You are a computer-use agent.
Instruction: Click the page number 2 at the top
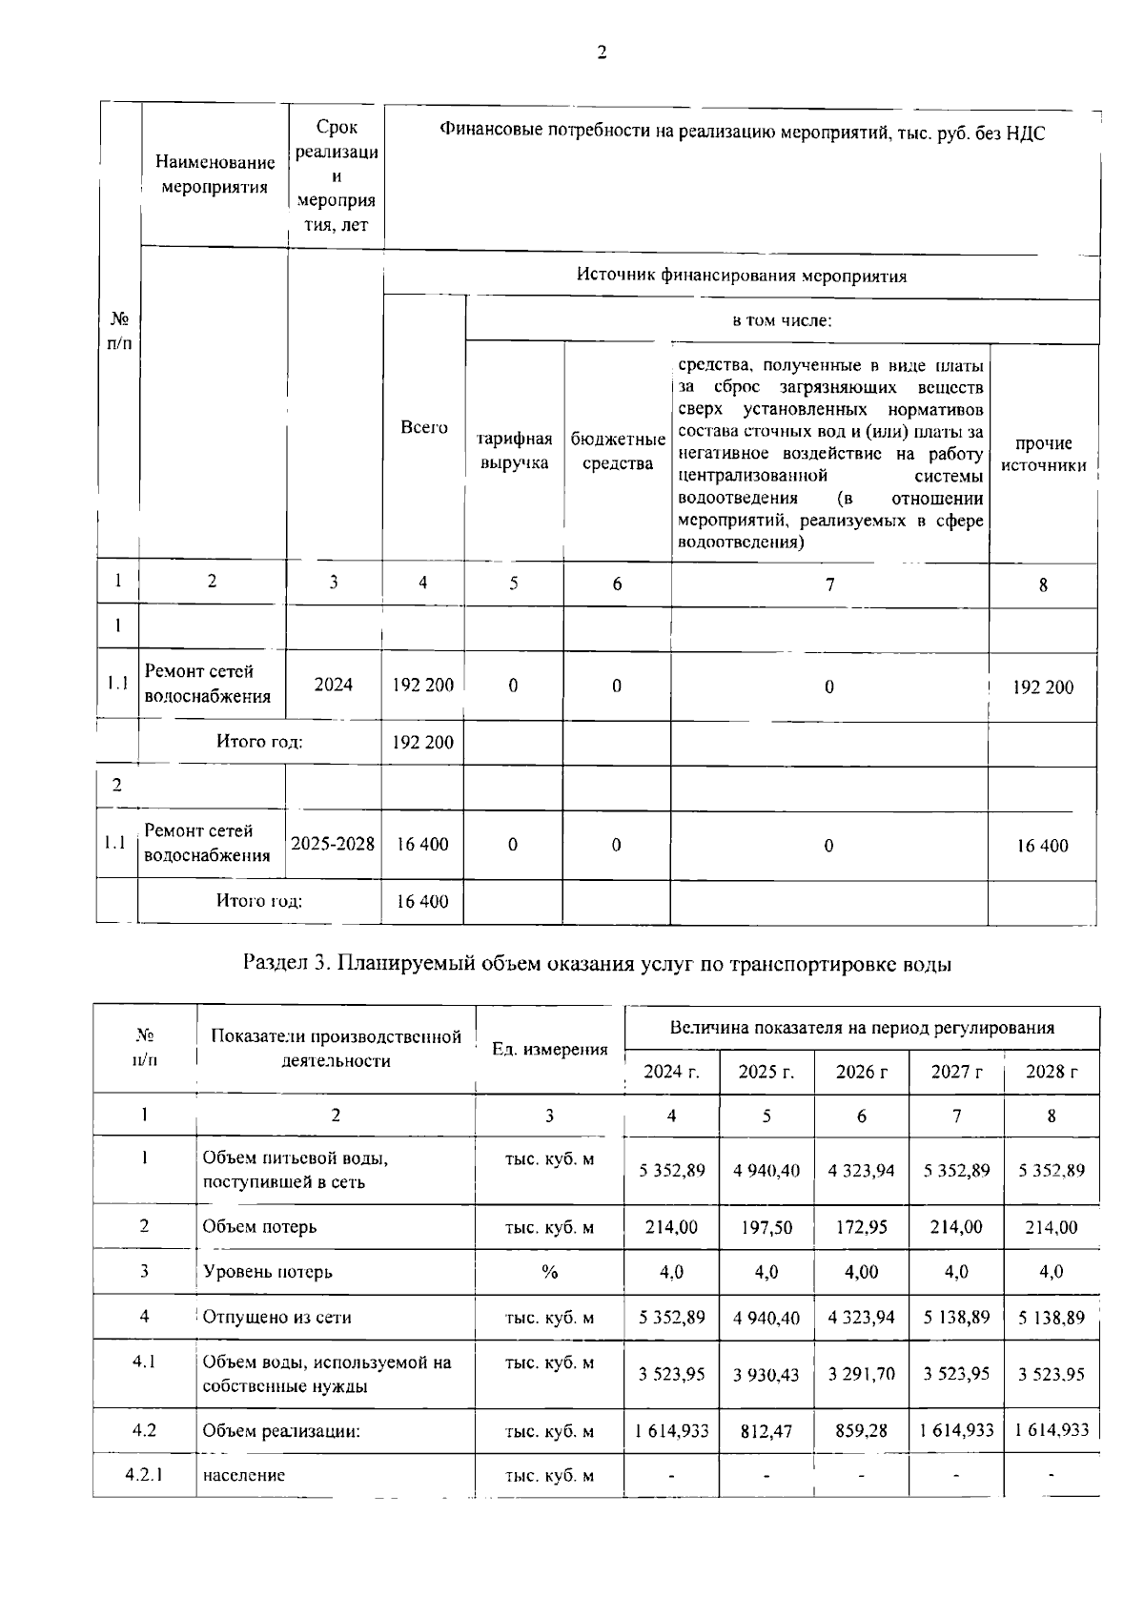(601, 53)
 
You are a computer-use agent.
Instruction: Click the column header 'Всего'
(423, 428)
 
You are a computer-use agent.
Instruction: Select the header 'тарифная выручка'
(514, 451)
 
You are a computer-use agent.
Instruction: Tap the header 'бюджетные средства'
(617, 451)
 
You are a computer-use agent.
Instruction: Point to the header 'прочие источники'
(1043, 455)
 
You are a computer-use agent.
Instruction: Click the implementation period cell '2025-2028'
(333, 844)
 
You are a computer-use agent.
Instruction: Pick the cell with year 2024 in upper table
(333, 685)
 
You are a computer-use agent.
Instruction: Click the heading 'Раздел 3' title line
(598, 964)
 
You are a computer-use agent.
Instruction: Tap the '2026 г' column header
(861, 1072)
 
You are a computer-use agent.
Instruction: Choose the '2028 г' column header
(1051, 1072)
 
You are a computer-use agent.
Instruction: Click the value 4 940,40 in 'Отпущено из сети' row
(766, 1318)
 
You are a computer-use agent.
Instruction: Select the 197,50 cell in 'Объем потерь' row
(766, 1228)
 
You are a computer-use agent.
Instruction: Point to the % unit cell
(549, 1272)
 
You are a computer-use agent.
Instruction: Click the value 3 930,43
(766, 1375)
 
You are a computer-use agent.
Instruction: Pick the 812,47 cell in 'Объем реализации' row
(766, 1431)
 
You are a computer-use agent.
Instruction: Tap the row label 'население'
(243, 1475)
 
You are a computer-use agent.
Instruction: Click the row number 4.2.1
(144, 1475)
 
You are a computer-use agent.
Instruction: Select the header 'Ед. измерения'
(549, 1050)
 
